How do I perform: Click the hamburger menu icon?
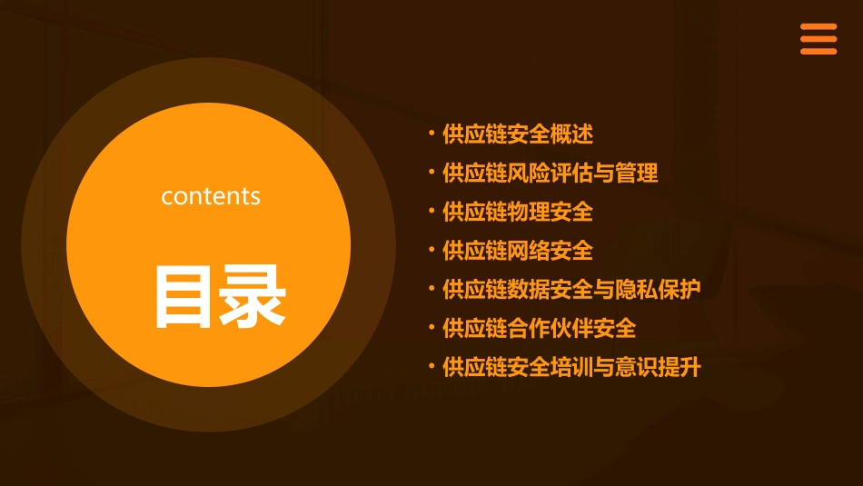(818, 39)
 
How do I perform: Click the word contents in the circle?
(211, 196)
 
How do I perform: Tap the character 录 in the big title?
(253, 296)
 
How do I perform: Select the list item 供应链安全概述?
(518, 134)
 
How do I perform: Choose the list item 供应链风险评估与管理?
(550, 173)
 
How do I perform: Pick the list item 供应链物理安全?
(518, 212)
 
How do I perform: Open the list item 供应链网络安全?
(518, 251)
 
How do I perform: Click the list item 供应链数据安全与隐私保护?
(571, 290)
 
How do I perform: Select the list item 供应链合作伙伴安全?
(540, 328)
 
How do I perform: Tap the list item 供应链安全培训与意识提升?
(571, 367)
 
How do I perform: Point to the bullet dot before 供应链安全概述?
(431, 134)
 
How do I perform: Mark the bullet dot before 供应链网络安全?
(431, 250)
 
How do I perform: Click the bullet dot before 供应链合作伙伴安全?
(431, 327)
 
